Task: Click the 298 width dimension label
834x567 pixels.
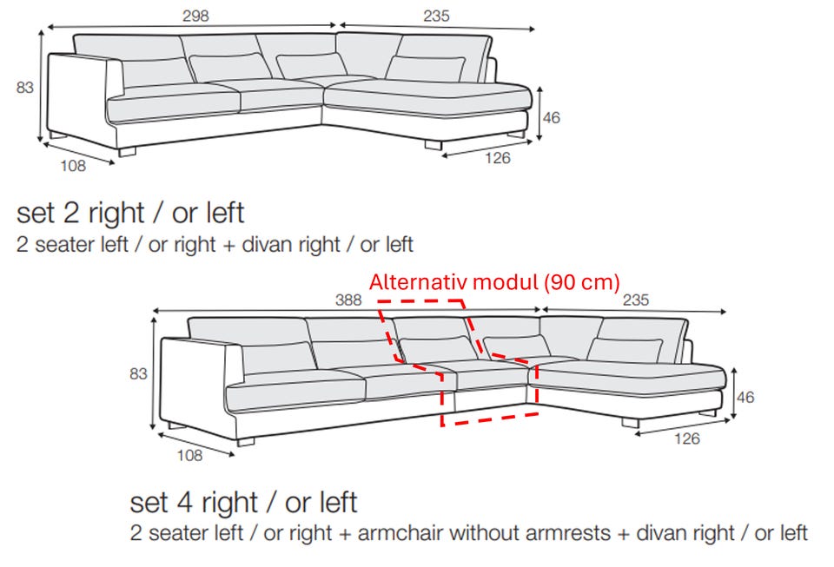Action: pyautogui.click(x=195, y=16)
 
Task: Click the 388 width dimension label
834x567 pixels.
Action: pyautogui.click(x=348, y=300)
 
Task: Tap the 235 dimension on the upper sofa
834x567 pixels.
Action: pyautogui.click(x=437, y=16)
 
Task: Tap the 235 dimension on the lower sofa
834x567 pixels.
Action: pyautogui.click(x=636, y=300)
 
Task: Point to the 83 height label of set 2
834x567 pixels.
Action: pyautogui.click(x=25, y=87)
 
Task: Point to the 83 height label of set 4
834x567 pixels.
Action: pyautogui.click(x=138, y=373)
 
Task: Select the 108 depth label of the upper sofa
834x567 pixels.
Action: pyautogui.click(x=73, y=166)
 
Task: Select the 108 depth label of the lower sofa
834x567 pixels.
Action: pyautogui.click(x=190, y=455)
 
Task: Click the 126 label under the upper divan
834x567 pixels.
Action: pyautogui.click(x=498, y=158)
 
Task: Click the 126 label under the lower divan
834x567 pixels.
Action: pyautogui.click(x=687, y=438)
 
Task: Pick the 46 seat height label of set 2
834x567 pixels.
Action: pyautogui.click(x=552, y=117)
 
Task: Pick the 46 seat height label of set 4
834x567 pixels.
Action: pyautogui.click(x=745, y=397)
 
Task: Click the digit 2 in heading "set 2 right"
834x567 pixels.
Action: pyautogui.click(x=71, y=213)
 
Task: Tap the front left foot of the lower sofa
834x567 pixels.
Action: pyautogui.click(x=246, y=442)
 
